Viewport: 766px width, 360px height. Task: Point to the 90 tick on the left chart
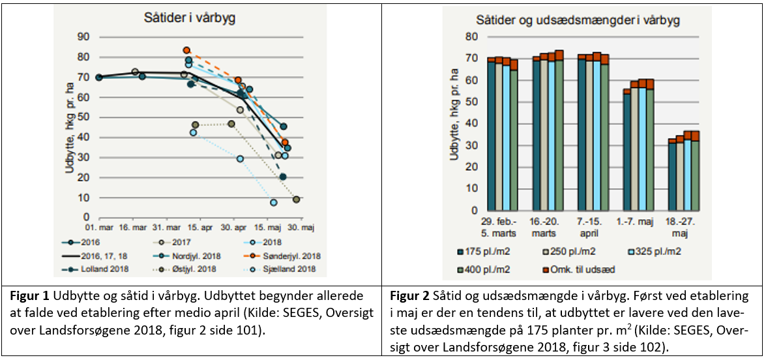coord(83,37)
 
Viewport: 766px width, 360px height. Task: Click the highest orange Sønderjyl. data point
coord(186,50)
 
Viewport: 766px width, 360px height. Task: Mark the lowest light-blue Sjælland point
coord(274,203)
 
